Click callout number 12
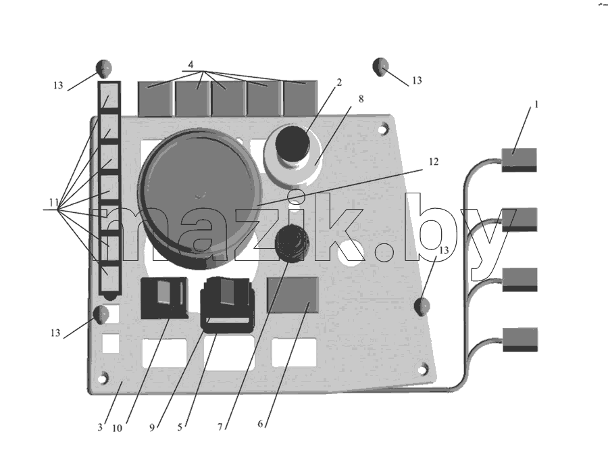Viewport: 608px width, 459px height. pos(434,162)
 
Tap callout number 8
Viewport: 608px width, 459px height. pos(361,99)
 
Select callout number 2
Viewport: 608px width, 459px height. pos(339,82)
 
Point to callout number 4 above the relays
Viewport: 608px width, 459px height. pos(191,64)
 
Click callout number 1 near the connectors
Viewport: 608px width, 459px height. pos(536,104)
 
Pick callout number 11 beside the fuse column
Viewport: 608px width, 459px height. pos(53,202)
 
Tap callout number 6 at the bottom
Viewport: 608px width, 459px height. pos(260,424)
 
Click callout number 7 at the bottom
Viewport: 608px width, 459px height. pos(220,427)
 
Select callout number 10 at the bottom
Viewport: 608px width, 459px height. pos(117,428)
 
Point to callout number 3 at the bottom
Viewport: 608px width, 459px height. pos(100,427)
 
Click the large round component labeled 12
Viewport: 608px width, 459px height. pos(200,199)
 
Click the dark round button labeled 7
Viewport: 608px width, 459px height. pos(292,242)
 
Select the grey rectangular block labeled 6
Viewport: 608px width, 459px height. pos(293,295)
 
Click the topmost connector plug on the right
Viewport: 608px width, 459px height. pos(520,160)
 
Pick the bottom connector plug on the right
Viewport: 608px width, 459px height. pos(520,339)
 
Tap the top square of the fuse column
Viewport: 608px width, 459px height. pos(109,97)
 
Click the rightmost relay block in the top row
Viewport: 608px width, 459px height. pos(301,98)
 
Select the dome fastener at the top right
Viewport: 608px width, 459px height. pos(380,67)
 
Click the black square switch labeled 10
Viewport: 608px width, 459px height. pos(164,297)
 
